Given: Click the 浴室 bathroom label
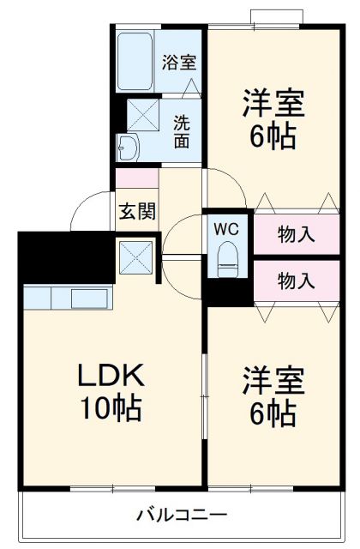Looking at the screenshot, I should pos(180,62).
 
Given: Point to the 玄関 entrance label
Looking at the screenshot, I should pos(137,211).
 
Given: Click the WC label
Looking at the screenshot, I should pos(227,229).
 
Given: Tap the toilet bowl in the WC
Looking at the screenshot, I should pos(228,257).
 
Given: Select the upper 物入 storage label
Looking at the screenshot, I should pos(296,232).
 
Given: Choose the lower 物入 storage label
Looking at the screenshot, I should pos(296,280).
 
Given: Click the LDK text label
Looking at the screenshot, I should pos(111,375).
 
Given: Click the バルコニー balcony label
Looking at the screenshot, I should pos(182,515).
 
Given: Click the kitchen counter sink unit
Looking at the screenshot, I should pos(68,299).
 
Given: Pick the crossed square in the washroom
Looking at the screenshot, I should pos(143,115).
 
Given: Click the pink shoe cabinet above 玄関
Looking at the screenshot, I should pos(137,179).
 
